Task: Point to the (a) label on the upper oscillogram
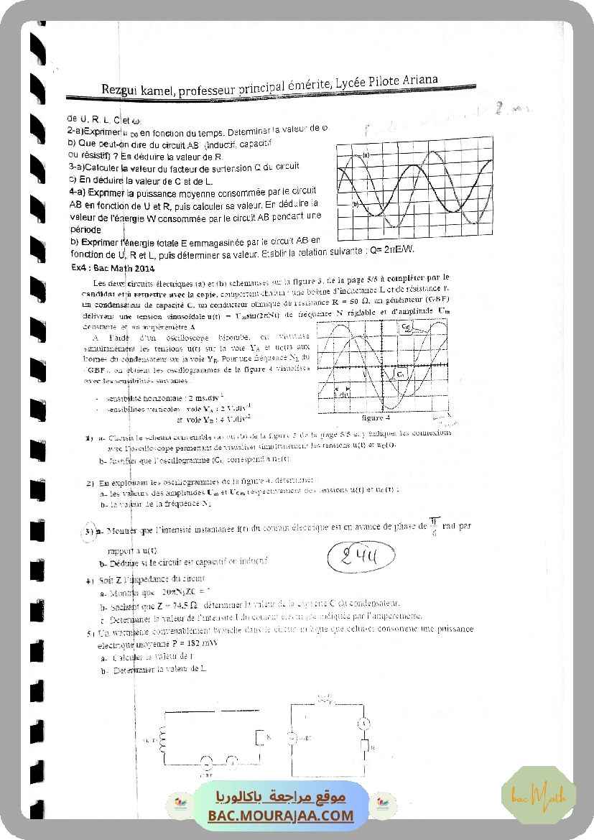(366, 154)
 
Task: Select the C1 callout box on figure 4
(399, 374)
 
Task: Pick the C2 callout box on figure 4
(407, 328)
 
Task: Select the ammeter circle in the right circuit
(363, 722)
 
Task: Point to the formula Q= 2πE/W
(390, 250)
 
